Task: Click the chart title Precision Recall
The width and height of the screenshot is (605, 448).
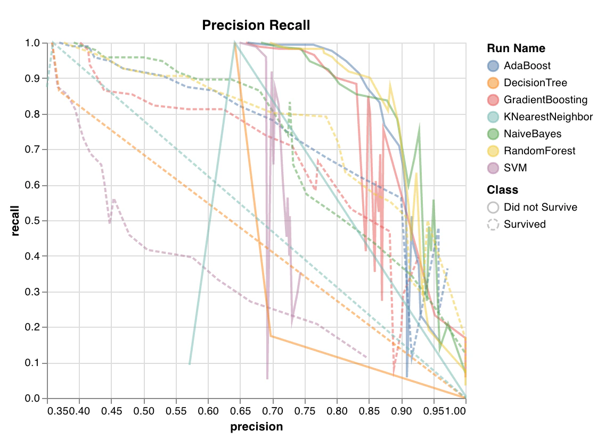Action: (x=256, y=25)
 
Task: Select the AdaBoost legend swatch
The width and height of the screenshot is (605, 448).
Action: (x=493, y=66)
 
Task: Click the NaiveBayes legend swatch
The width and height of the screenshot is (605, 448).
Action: (x=493, y=134)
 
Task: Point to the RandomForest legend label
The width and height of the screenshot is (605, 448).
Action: (x=539, y=151)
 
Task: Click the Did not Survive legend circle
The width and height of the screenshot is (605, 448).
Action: (x=493, y=208)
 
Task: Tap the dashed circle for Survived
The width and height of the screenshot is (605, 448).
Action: (x=493, y=225)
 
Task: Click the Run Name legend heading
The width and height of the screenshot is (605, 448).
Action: (x=516, y=48)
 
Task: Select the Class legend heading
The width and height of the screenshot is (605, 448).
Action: (x=502, y=190)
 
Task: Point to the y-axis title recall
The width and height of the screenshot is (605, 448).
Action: (x=15, y=221)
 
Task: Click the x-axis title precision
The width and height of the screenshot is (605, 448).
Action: (x=256, y=427)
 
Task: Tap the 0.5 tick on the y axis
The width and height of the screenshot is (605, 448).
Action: (x=35, y=221)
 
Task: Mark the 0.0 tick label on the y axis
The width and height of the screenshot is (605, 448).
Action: (x=35, y=399)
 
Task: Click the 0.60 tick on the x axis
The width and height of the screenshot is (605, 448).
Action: (x=208, y=412)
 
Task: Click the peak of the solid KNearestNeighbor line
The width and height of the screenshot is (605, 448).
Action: (x=234, y=43)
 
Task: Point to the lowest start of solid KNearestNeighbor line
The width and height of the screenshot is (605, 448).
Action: (x=190, y=364)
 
